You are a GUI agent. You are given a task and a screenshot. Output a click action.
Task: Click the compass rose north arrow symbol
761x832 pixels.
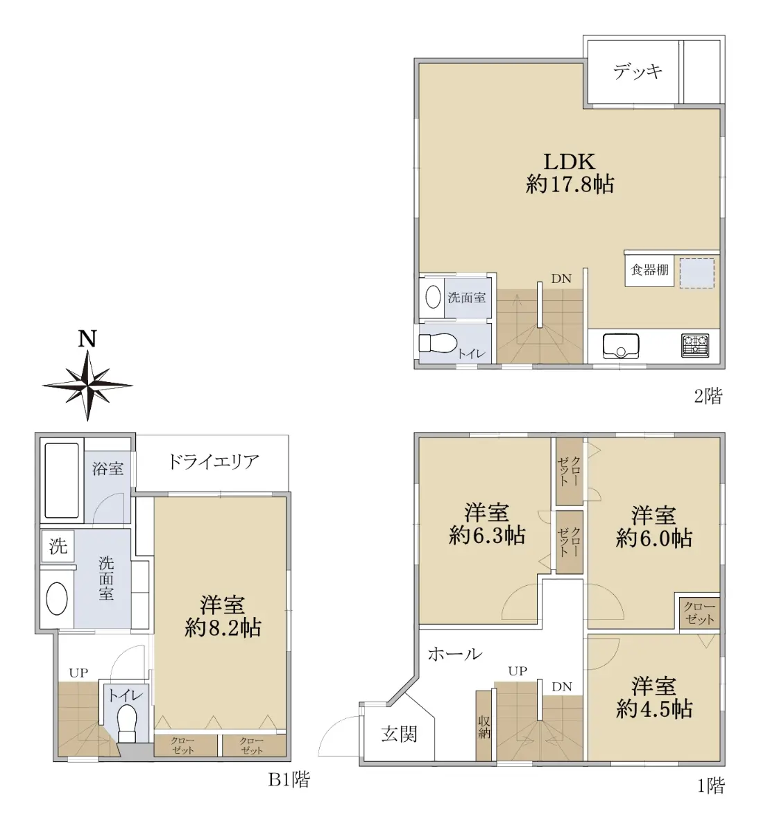click(87, 385)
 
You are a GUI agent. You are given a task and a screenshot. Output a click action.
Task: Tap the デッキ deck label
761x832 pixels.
click(638, 71)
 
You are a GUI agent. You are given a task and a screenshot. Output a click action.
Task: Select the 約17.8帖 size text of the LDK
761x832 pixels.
click(570, 184)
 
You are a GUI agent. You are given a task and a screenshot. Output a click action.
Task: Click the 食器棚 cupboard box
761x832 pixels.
click(649, 270)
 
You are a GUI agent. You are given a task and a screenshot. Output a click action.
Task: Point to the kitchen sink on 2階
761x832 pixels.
click(621, 345)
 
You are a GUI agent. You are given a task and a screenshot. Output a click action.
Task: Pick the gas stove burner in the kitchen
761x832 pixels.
click(695, 345)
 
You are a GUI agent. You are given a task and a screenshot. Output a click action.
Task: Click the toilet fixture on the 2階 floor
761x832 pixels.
click(438, 343)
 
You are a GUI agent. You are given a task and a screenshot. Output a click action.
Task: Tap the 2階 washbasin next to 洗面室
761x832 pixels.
click(433, 297)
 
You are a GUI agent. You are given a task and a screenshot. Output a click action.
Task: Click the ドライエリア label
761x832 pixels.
click(214, 462)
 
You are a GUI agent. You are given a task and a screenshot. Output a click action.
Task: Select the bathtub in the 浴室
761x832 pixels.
click(62, 480)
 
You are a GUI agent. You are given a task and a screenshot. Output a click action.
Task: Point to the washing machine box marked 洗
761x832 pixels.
click(58, 546)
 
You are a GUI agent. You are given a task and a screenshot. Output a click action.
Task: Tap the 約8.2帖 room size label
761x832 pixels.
click(223, 628)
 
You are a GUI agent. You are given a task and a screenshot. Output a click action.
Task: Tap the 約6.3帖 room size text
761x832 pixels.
click(487, 535)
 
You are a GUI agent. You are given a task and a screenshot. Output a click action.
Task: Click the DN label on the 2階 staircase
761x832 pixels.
click(561, 279)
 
